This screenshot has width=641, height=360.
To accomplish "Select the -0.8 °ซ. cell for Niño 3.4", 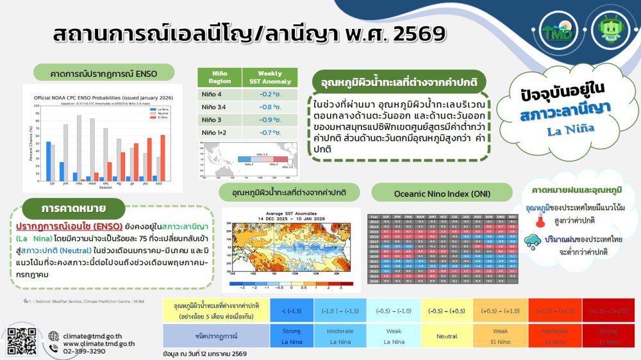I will pyautogui.click(x=270, y=107).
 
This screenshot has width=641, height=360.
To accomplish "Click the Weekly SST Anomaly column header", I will pyautogui.click(x=270, y=78).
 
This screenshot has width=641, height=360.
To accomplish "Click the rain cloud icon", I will pyautogui.click(x=532, y=243).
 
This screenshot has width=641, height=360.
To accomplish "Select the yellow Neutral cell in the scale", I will pyautogui.click(x=447, y=336).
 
